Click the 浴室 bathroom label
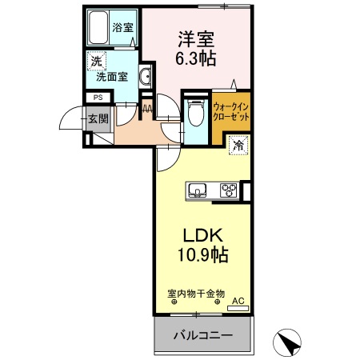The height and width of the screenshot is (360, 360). click(x=123, y=26)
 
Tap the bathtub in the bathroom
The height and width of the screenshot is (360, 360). click(x=98, y=30)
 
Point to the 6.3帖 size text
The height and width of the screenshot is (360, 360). click(x=195, y=58)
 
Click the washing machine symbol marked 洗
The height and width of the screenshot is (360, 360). click(x=96, y=61)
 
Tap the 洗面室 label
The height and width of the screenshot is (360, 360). click(x=113, y=78)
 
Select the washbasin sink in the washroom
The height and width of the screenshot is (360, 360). click(x=146, y=77)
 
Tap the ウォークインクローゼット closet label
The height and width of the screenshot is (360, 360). click(x=232, y=113)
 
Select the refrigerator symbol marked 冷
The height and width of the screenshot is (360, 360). click(x=238, y=145)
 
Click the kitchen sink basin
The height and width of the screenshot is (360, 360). click(x=198, y=190)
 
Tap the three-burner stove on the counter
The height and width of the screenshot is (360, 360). click(x=227, y=190)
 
